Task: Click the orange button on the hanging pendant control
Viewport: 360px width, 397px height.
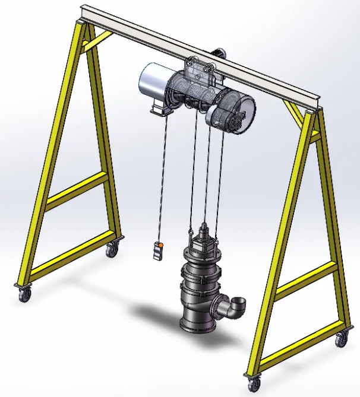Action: tap(160, 244)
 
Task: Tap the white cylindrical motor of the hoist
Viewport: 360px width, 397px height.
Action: tap(153, 82)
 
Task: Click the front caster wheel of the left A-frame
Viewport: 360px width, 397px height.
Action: tap(24, 294)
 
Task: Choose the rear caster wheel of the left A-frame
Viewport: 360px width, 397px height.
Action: tap(112, 250)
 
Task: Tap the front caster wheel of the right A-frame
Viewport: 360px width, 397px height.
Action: tap(254, 383)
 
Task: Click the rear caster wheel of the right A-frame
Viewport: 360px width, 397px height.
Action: tap(342, 339)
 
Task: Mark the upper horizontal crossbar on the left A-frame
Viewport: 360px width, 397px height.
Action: tap(76, 190)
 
